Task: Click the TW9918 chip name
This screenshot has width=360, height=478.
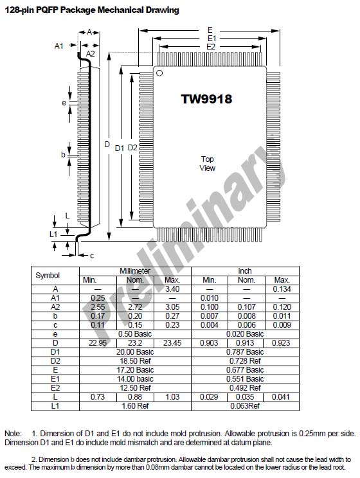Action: point(206,99)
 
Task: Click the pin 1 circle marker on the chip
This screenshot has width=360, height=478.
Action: point(159,73)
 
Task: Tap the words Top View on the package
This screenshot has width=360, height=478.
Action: point(208,163)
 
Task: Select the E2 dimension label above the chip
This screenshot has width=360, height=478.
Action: point(211,47)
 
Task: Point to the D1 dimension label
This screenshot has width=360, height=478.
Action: point(120,148)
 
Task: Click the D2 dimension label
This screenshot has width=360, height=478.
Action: point(132,148)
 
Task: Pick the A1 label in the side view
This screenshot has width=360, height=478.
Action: point(59,46)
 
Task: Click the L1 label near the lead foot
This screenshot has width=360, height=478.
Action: point(53,234)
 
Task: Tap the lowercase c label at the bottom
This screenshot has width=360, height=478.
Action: point(92,256)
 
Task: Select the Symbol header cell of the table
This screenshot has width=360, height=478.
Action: point(48,276)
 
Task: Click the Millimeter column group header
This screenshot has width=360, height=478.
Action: point(135,271)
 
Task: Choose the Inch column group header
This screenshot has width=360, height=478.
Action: point(245,271)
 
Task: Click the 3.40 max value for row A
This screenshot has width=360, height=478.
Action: point(172,289)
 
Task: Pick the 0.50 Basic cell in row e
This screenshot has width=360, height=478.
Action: point(135,334)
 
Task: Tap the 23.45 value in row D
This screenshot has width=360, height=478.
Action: point(172,343)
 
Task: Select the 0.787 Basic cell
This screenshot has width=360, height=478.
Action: point(245,352)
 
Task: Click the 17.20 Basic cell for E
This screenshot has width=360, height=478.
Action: point(135,370)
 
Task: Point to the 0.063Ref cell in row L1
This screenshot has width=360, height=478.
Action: point(245,406)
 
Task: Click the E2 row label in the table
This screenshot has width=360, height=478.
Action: point(55,388)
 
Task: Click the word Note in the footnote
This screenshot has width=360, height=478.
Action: point(13,434)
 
